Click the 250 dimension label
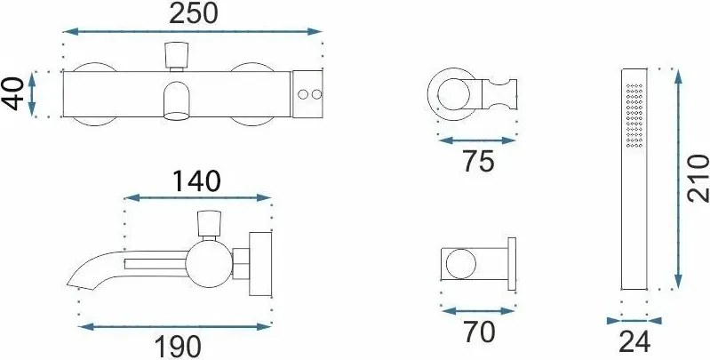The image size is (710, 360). (x=194, y=13)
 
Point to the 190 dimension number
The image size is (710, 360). (x=178, y=348)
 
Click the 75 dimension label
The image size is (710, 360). (x=479, y=161)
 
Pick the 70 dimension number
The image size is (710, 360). (x=479, y=332)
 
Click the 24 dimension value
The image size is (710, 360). (x=634, y=342)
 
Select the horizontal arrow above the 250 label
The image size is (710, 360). (x=193, y=31)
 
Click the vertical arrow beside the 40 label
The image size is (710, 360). (x=32, y=93)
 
